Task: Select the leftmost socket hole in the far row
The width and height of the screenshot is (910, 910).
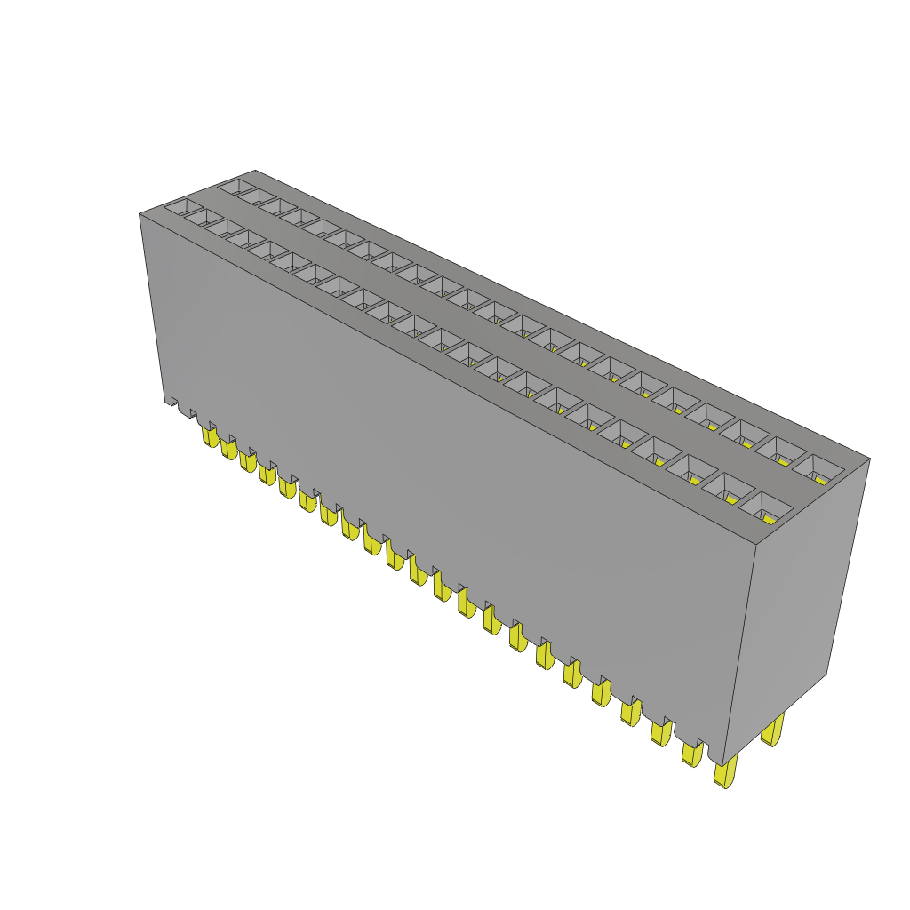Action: click(234, 187)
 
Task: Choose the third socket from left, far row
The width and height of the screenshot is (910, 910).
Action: click(276, 205)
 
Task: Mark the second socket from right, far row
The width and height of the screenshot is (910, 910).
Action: click(781, 451)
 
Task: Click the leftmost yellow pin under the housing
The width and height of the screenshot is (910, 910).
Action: click(211, 436)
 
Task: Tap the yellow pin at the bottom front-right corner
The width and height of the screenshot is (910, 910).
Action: click(725, 773)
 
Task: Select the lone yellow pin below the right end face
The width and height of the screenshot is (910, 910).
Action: click(773, 731)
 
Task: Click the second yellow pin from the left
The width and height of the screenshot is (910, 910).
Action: click(229, 450)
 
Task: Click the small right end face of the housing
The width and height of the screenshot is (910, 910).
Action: click(800, 604)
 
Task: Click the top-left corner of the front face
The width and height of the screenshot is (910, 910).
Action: click(140, 214)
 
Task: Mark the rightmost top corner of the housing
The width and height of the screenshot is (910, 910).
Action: click(870, 459)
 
